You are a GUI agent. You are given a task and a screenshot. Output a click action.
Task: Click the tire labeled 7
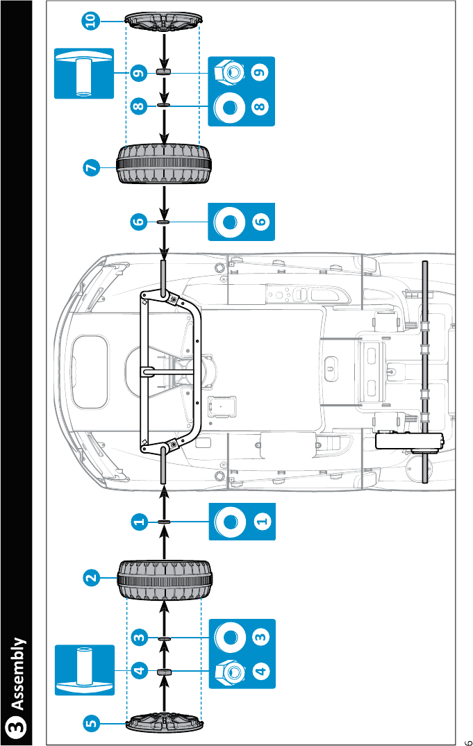pyautogui.click(x=164, y=165)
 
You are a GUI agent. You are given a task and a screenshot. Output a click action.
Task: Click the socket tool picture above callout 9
pyautogui.click(x=84, y=73)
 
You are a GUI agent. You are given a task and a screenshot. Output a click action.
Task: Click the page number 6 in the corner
pyautogui.click(x=467, y=738)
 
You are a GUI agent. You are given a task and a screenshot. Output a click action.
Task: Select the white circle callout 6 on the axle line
pyautogui.click(x=138, y=222)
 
